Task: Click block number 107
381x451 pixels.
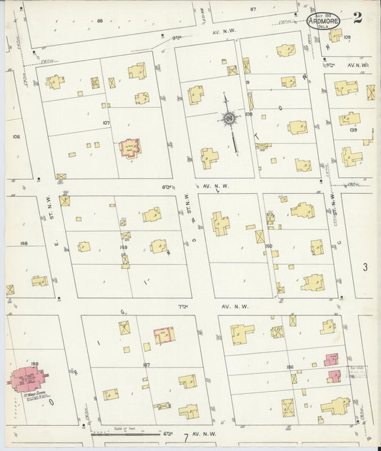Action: pyautogui.click(x=106, y=123)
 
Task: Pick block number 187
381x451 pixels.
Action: pyautogui.click(x=146, y=365)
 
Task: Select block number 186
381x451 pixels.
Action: pyautogui.click(x=289, y=366)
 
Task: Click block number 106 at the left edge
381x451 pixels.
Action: pyautogui.click(x=17, y=136)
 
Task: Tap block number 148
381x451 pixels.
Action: pyautogui.click(x=24, y=243)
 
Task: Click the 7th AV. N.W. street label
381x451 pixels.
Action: pyautogui.click(x=214, y=307)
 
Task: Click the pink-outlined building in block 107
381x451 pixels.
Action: pyautogui.click(x=129, y=148)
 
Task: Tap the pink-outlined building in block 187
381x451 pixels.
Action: pyautogui.click(x=164, y=335)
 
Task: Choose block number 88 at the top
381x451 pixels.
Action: pyautogui.click(x=100, y=21)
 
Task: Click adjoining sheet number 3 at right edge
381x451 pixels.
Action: pyautogui.click(x=365, y=268)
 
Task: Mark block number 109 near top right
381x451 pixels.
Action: pyautogui.click(x=347, y=37)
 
